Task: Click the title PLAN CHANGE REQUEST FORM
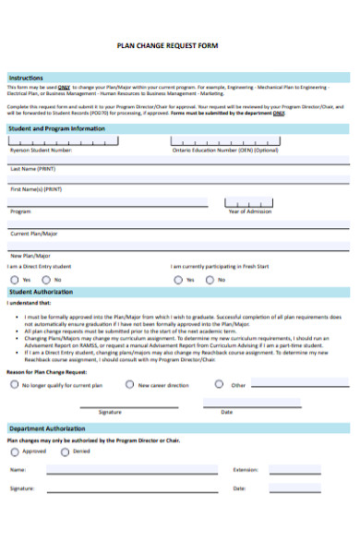[180, 44]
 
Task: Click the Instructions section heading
[26, 78]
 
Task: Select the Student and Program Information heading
[55, 128]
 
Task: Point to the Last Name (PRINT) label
[33, 169]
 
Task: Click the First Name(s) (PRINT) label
[37, 189]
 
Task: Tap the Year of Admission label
[249, 211]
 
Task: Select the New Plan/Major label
[30, 256]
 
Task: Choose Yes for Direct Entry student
[14, 279]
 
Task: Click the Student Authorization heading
[42, 291]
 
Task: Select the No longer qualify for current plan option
[14, 385]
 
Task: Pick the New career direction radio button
[129, 385]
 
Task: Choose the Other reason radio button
[219, 385]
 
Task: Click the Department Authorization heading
[48, 429]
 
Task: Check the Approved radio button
[14, 452]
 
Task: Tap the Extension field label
[246, 470]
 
